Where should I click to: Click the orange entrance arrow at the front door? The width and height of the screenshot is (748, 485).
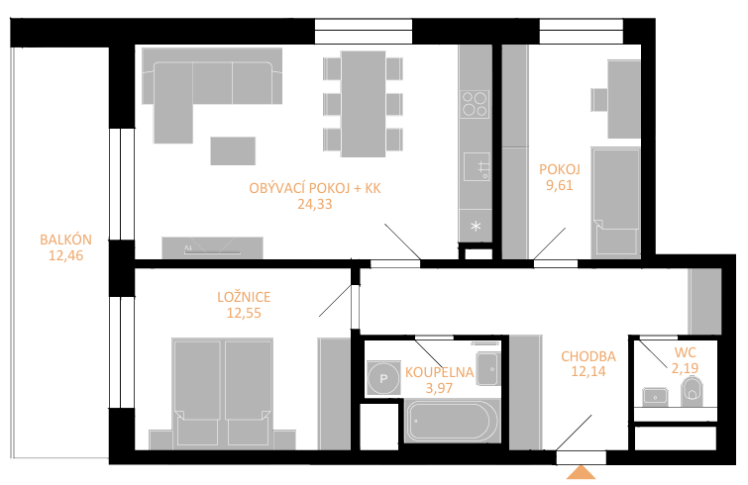pos(581,472)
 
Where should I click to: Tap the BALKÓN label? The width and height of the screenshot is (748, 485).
pos(65,240)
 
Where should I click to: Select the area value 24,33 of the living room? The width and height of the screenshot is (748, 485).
pos(315,204)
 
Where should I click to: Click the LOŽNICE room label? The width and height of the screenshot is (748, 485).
pos(244,297)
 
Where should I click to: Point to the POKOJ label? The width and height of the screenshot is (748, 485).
pos(560,169)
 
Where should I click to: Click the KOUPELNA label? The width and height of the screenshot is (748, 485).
pos(439,372)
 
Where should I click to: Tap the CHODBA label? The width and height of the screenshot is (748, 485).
pos(588,356)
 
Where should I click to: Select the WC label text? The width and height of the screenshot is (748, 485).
pos(685,352)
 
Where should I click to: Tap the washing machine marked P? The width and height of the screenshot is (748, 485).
pos(383,379)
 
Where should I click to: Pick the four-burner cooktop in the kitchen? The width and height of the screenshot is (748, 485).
pos(476,104)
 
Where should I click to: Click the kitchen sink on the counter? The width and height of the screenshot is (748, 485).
pos(477,166)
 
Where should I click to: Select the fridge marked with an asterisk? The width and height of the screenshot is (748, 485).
pos(476,226)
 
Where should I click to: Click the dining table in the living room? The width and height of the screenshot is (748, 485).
pos(363,104)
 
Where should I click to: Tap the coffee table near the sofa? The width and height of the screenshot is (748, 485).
pos(233,150)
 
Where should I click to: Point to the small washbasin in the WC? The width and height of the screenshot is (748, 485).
pos(655,396)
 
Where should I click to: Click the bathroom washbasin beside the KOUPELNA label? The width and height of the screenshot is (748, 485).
pos(487,368)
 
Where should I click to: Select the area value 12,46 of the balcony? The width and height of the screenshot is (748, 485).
pos(65,255)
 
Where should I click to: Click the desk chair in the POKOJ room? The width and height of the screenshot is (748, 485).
pos(599,100)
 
